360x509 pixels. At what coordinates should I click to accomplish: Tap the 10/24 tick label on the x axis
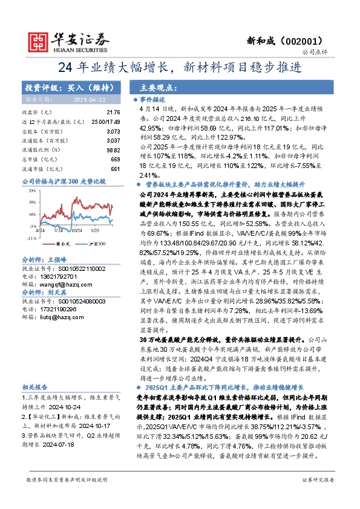tap(76, 230)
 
